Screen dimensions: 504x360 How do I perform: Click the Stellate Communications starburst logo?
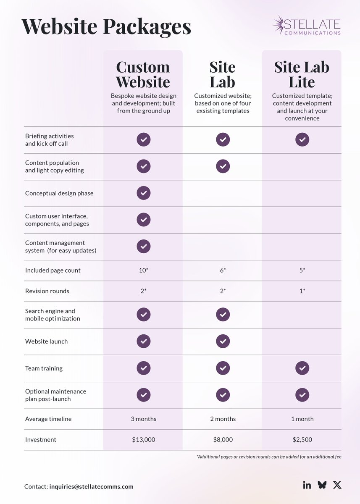279,25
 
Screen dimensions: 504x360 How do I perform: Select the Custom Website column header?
143,74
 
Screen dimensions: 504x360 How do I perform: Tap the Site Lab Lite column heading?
302,74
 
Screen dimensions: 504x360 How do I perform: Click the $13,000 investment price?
143,440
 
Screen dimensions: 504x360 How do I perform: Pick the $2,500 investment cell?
302,440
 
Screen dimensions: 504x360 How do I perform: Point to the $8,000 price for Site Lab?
223,440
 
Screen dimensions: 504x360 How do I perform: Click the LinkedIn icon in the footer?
307,485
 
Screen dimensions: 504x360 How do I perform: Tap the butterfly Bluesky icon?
322,485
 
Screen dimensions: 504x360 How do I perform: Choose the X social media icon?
337,485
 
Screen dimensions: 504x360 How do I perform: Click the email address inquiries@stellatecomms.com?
91,487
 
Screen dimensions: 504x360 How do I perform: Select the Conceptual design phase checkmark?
143,193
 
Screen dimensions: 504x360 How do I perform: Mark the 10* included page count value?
143,270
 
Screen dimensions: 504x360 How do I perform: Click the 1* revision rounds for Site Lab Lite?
302,291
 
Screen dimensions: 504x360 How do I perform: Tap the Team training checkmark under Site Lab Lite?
302,368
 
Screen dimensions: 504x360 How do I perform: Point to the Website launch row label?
46,341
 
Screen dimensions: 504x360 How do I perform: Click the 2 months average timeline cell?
223,419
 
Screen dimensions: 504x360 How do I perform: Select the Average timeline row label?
48,419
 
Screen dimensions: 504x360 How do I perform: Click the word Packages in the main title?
147,26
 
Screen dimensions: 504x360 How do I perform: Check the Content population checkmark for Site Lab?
223,166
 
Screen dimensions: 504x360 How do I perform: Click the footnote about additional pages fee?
269,457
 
